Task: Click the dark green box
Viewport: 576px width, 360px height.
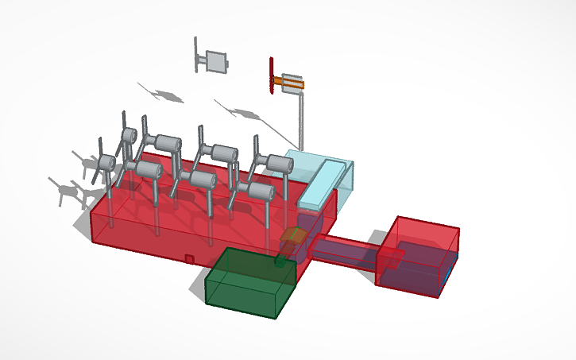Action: tap(248, 286)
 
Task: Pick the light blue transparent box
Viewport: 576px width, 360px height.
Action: tap(318, 179)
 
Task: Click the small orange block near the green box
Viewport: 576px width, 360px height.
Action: tap(294, 237)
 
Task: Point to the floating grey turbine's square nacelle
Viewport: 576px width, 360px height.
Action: tap(216, 60)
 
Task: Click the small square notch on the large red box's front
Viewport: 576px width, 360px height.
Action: tap(189, 258)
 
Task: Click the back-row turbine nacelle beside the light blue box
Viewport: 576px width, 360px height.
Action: tap(278, 165)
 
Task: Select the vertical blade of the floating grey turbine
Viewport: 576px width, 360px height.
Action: tap(196, 54)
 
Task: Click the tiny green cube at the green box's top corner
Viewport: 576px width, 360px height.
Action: tap(280, 260)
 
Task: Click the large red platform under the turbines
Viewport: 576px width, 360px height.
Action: tap(159, 226)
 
